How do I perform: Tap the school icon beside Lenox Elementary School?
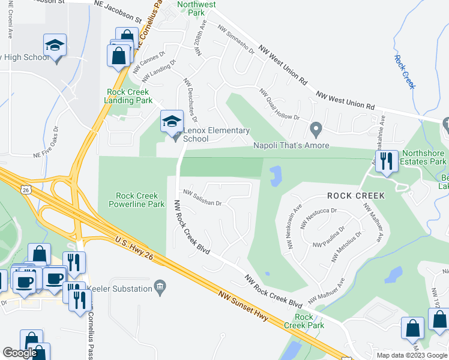point(172,122)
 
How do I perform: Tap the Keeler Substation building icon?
point(160,289)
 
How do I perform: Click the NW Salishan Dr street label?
point(203,199)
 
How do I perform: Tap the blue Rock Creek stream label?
point(405,71)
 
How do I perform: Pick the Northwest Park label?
point(196,8)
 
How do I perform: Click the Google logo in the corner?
point(20,353)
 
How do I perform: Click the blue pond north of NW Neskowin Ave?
point(276,176)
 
